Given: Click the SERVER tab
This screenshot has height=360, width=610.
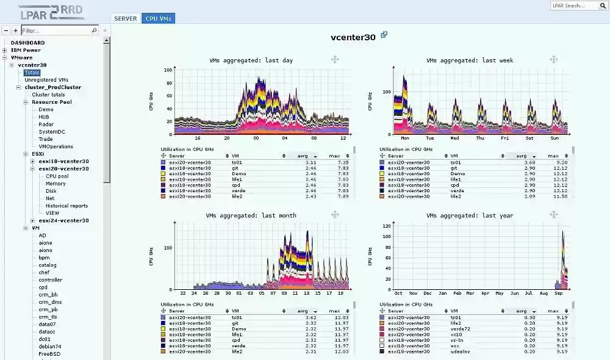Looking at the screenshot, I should pos(126,19).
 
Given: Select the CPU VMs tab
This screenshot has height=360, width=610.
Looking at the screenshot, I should pos(158,19).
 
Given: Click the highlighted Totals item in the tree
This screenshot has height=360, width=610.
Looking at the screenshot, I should pos(32,73).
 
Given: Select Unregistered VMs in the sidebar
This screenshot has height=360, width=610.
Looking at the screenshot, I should pos(46,80).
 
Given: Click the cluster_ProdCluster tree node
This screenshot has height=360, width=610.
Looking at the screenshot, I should pos(53,87).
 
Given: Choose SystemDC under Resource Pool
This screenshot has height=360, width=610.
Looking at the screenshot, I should pos(52,132).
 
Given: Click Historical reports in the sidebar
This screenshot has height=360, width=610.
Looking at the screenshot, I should pos(66,206).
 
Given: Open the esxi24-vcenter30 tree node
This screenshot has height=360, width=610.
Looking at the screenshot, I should pos(63,221).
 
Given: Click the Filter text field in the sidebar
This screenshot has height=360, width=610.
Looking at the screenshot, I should pos(59,30).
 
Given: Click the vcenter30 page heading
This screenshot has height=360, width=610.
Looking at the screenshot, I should pos(353,37).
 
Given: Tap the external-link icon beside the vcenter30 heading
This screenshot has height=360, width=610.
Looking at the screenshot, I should pos(384,35).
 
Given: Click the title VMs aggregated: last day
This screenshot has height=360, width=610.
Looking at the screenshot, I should pos(251,60).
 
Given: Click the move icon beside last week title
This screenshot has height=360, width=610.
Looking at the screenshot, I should pos(553,59).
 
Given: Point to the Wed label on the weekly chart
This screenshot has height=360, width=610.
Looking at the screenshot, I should pos(454,139).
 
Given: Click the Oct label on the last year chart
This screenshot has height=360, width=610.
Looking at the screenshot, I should pos(398,293).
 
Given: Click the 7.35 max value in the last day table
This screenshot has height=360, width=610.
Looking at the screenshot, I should pos(343,163).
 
